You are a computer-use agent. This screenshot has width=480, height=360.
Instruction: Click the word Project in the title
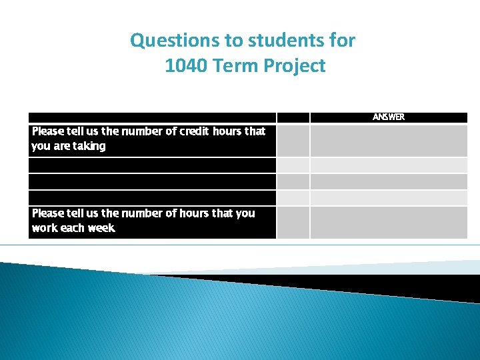pos(295,66)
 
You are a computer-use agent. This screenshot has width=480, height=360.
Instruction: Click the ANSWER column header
pos(388,117)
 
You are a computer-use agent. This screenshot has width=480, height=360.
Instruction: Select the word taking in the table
pos(89,146)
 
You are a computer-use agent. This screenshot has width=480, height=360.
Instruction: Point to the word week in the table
pos(101,228)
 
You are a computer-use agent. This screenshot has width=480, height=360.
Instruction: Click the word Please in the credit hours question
pos(49,131)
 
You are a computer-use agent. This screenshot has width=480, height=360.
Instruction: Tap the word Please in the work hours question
pos(49,213)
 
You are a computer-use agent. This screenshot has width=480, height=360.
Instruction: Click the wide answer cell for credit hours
pos(389,140)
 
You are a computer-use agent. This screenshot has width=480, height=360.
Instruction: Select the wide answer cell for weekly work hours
pos(389,222)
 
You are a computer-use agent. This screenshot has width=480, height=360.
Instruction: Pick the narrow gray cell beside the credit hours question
pos(293,140)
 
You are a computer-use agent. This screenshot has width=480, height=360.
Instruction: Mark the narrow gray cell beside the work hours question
pos(293,222)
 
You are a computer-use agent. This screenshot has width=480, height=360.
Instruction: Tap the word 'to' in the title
pos(235,41)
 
